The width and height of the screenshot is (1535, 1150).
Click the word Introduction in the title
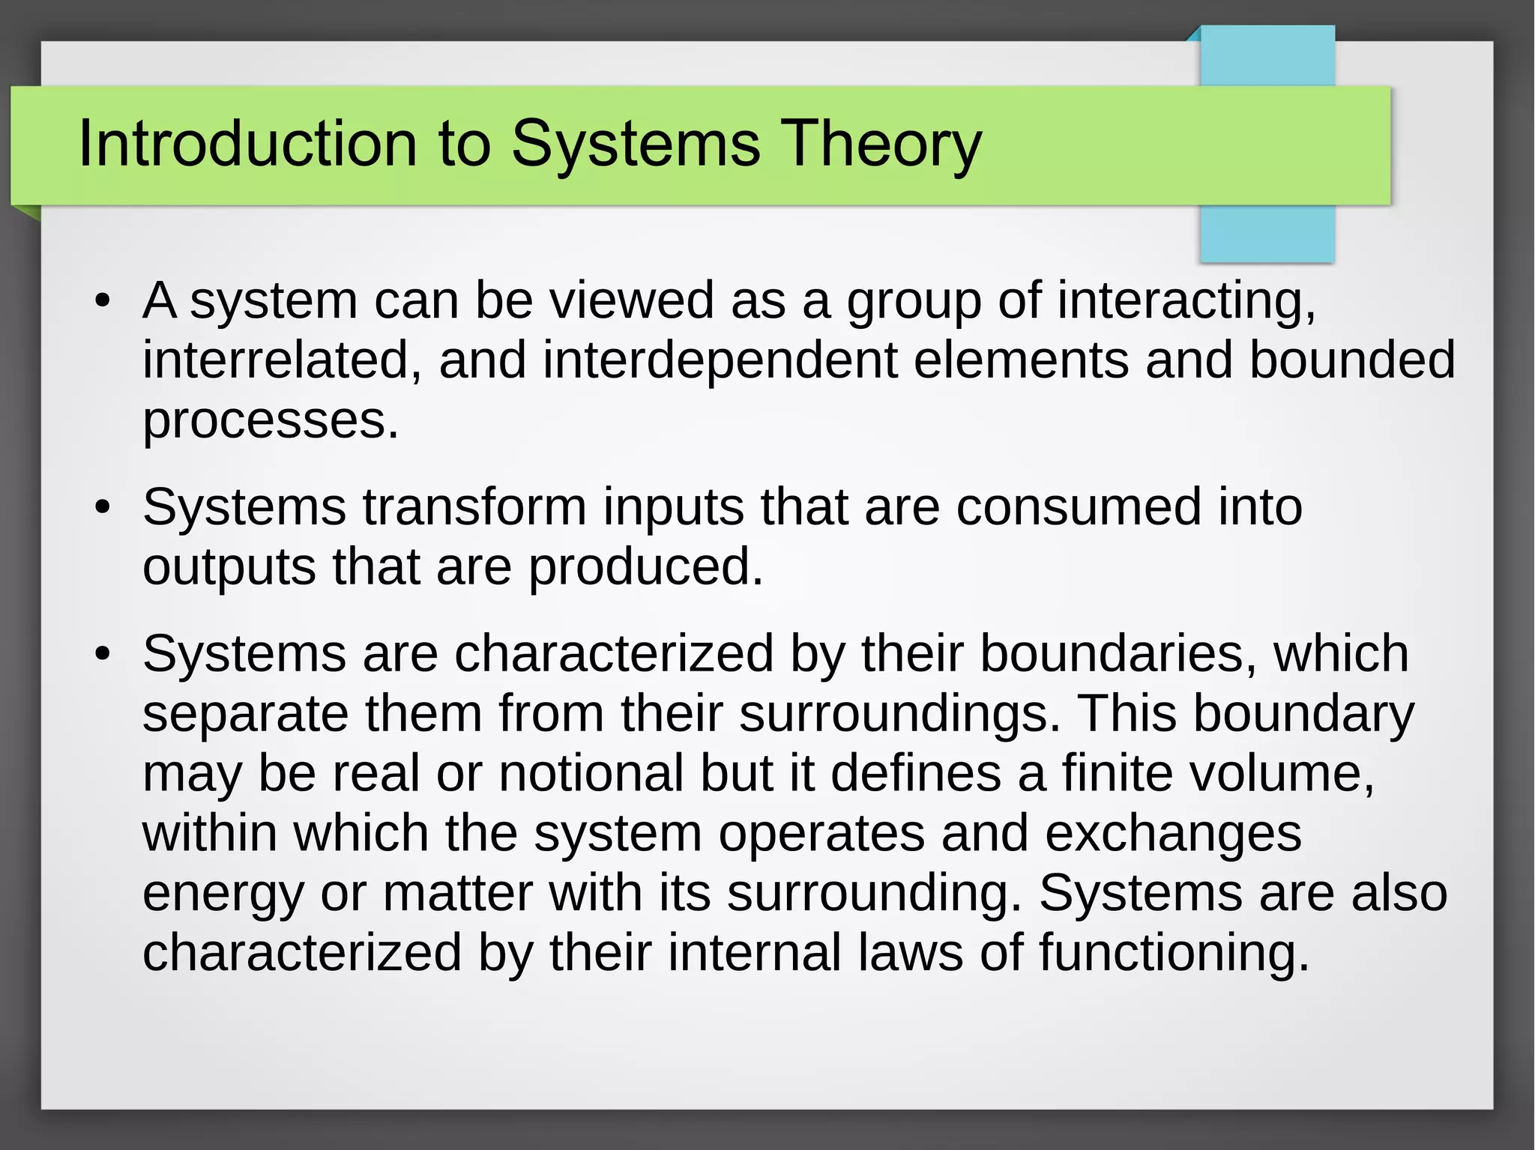click(247, 144)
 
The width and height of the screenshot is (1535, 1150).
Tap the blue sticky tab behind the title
click(1267, 232)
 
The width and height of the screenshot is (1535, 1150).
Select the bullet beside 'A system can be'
click(103, 302)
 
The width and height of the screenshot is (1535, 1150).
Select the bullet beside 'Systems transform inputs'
click(103, 509)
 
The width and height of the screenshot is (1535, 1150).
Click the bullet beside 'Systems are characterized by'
click(103, 655)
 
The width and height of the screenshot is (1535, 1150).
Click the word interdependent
click(720, 360)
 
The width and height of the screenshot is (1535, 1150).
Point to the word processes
click(270, 422)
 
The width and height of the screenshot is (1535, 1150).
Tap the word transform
click(475, 508)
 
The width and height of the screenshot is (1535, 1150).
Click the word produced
click(645, 567)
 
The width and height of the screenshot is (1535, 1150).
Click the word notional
click(591, 773)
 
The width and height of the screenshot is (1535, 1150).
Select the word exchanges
click(1173, 834)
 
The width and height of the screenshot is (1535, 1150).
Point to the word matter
click(457, 893)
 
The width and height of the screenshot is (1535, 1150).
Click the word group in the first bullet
click(914, 302)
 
